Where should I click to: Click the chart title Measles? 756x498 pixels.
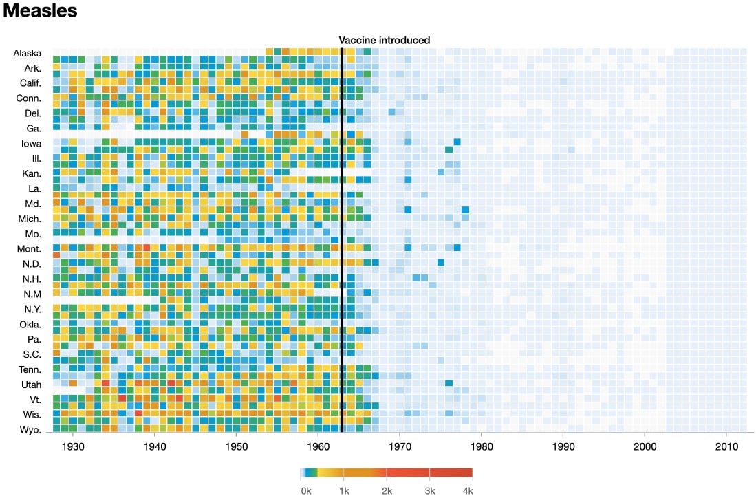(40, 12)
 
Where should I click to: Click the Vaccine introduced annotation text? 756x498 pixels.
(384, 40)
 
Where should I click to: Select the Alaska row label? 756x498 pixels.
(28, 53)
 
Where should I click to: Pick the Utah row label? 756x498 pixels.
(31, 385)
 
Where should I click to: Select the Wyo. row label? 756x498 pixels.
(30, 430)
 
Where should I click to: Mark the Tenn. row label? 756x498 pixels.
(30, 369)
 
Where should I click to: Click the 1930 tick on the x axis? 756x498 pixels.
(73, 446)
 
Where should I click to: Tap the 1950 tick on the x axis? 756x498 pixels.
(236, 446)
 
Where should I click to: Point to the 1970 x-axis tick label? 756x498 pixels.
(400, 446)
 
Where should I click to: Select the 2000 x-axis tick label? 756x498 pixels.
(645, 446)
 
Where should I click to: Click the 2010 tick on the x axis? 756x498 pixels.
(726, 446)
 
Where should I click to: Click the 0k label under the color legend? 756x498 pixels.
(306, 490)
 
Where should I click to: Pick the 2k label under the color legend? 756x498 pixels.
(387, 490)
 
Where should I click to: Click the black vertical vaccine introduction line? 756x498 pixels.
(342, 241)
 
